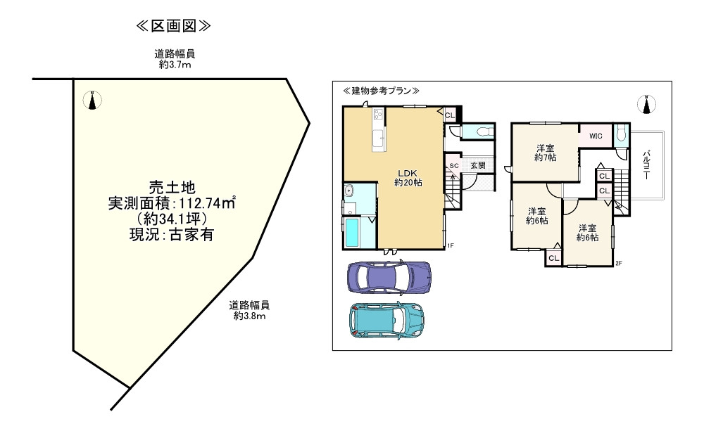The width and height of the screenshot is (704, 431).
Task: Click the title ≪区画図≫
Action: [x=173, y=26]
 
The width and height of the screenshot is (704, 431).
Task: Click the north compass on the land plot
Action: [x=91, y=101]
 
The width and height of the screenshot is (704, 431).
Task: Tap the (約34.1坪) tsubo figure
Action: [x=172, y=219]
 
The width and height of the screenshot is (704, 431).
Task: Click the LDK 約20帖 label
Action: [x=408, y=178]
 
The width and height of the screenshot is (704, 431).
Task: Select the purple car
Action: [x=390, y=277]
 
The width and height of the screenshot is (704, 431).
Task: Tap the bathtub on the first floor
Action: [x=351, y=232]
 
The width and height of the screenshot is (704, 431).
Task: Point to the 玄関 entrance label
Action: [x=479, y=165]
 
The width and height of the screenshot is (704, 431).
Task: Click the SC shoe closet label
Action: [x=454, y=166]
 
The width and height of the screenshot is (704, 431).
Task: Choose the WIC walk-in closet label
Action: [x=596, y=135]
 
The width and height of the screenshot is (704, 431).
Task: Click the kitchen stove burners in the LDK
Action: [x=377, y=114]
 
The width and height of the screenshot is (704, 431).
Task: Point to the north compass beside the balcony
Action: [x=646, y=105]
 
